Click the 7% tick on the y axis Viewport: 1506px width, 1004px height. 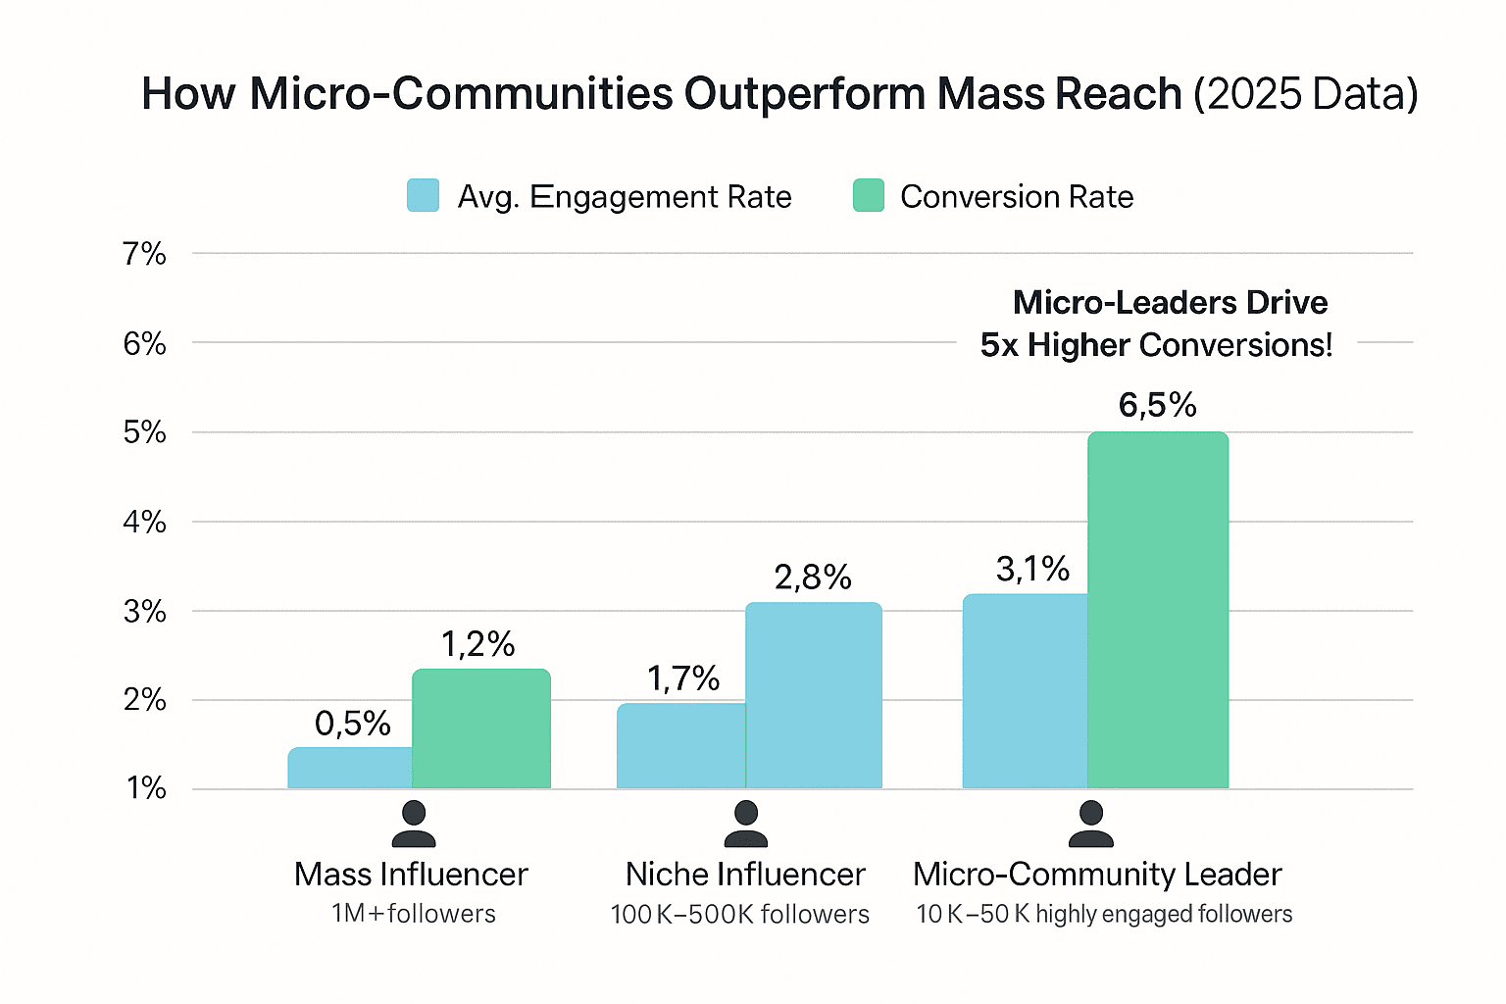[x=144, y=254]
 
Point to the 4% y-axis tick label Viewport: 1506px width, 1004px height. [x=144, y=522]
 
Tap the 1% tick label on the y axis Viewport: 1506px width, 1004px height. [x=145, y=788]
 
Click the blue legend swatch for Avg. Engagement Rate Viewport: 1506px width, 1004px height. [x=423, y=196]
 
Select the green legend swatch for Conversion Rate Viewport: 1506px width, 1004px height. [x=868, y=196]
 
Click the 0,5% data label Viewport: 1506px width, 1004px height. [x=352, y=724]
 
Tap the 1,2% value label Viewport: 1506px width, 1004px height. [x=477, y=644]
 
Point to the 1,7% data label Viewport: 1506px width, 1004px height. [x=682, y=678]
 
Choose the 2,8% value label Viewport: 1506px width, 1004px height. [x=812, y=577]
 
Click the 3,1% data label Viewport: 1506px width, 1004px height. [x=1032, y=569]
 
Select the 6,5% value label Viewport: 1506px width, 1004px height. [x=1157, y=405]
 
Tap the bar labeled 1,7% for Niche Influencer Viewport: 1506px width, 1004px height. [x=680, y=746]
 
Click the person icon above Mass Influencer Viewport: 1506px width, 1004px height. [x=413, y=824]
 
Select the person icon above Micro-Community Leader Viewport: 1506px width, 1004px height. [x=1090, y=824]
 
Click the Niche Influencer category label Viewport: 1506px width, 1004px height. [x=745, y=874]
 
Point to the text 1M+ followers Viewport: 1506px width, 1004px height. [x=413, y=914]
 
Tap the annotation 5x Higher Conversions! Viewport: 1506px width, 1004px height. [x=1156, y=345]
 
